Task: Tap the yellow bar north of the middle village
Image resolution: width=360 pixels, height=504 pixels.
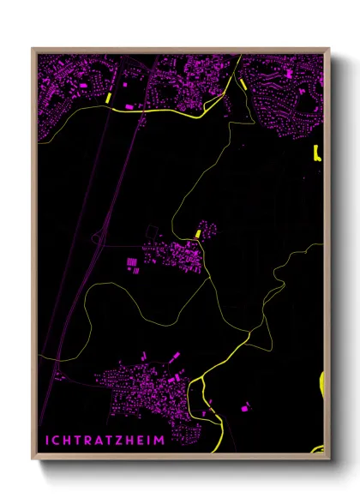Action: [x=198, y=232]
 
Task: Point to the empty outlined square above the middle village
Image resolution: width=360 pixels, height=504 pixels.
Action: [x=153, y=231]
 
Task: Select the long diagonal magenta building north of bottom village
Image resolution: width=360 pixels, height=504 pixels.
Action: [x=175, y=357]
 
